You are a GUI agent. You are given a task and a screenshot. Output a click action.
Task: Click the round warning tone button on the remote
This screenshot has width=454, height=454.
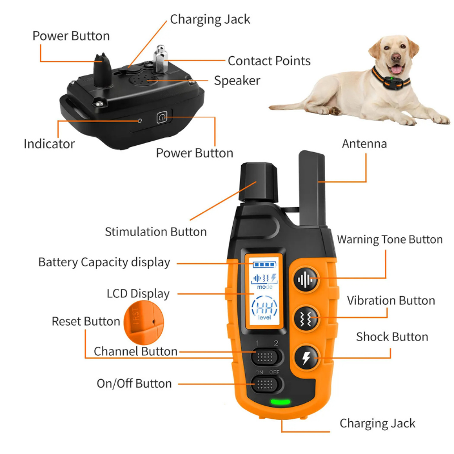[306, 280]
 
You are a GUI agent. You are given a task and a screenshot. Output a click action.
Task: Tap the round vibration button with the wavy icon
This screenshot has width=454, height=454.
[306, 319]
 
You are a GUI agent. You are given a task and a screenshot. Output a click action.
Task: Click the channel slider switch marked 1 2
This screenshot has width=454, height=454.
[266, 357]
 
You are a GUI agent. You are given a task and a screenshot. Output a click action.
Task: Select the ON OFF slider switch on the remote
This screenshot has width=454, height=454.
[266, 385]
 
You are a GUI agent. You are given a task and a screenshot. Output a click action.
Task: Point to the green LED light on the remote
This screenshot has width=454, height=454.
[279, 403]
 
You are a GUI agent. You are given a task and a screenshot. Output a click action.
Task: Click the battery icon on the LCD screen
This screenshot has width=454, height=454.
[263, 264]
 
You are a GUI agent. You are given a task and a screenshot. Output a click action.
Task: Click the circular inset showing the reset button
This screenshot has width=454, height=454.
[140, 322]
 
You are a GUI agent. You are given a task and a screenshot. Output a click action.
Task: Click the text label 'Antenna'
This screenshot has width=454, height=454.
[364, 144]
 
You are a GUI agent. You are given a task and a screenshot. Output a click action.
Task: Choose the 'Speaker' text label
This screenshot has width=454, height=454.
[237, 81]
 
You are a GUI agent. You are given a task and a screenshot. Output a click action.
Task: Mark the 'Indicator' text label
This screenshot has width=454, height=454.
[49, 144]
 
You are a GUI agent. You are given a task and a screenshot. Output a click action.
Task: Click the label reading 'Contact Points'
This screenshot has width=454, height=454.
[269, 61]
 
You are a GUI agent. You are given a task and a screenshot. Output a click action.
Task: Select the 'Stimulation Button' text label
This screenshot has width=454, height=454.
[156, 232]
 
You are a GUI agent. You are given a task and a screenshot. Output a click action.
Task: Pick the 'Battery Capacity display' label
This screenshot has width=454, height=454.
[104, 262]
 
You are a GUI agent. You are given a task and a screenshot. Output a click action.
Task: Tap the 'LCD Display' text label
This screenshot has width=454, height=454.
[138, 293]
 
